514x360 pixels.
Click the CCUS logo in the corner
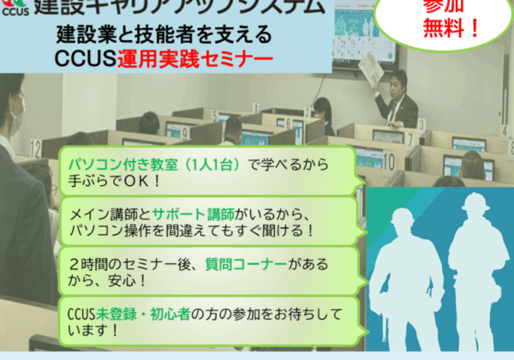(x=15, y=8)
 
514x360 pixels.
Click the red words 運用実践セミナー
(x=195, y=59)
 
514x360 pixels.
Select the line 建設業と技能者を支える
(x=164, y=34)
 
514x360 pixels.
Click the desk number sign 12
(x=36, y=148)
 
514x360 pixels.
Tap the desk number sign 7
(x=409, y=140)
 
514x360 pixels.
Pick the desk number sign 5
(x=215, y=116)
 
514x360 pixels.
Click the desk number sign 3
(x=421, y=125)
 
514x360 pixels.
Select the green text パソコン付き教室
(x=123, y=165)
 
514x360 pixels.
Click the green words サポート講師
(x=194, y=214)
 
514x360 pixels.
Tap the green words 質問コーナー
(x=246, y=264)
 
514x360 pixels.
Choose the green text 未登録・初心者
(x=143, y=314)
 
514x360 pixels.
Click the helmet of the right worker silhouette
(x=475, y=201)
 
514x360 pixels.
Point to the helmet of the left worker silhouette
(x=403, y=216)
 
